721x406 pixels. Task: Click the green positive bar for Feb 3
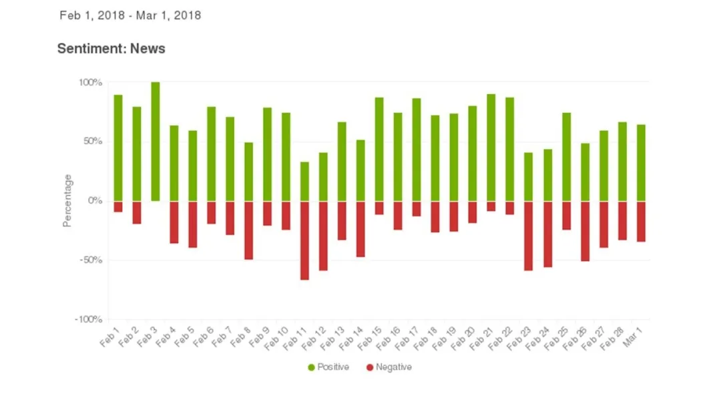[156, 142]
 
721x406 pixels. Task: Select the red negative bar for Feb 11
[305, 240]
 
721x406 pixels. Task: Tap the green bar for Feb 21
[491, 148]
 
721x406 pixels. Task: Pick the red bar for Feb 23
[529, 236]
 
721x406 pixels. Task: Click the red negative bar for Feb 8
[249, 230]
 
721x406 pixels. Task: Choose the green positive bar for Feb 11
[305, 182]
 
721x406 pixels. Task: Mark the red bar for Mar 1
[641, 222]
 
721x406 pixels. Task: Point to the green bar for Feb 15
[379, 150]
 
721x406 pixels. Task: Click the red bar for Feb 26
[585, 231]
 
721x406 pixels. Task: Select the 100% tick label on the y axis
[90, 82]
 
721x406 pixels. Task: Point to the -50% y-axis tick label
[91, 260]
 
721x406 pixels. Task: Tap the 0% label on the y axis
[95, 200]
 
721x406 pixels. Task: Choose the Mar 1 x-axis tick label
[632, 337]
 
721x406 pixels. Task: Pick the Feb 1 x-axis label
[109, 337]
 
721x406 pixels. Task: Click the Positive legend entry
[328, 367]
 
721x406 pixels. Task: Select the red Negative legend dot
[370, 367]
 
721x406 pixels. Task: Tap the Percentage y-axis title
[67, 200]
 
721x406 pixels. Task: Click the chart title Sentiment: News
[111, 48]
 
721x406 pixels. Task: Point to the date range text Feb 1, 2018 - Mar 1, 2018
[130, 15]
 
